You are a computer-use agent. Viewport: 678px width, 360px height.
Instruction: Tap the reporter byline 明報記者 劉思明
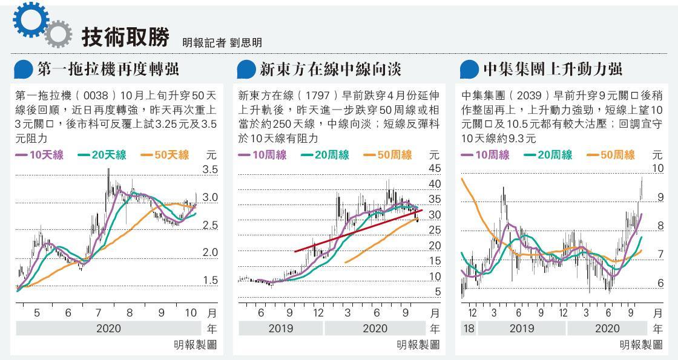[222, 43]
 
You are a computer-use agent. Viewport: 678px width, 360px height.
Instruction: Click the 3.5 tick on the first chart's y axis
[210, 170]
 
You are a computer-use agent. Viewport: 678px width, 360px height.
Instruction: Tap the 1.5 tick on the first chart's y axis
[210, 280]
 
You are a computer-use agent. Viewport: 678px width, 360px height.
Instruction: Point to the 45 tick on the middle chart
[434, 168]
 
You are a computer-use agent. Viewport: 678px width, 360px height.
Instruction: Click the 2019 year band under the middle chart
[281, 329]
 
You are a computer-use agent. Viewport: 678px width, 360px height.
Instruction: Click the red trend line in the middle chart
[357, 231]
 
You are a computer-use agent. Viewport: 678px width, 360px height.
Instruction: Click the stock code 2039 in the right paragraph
[530, 96]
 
